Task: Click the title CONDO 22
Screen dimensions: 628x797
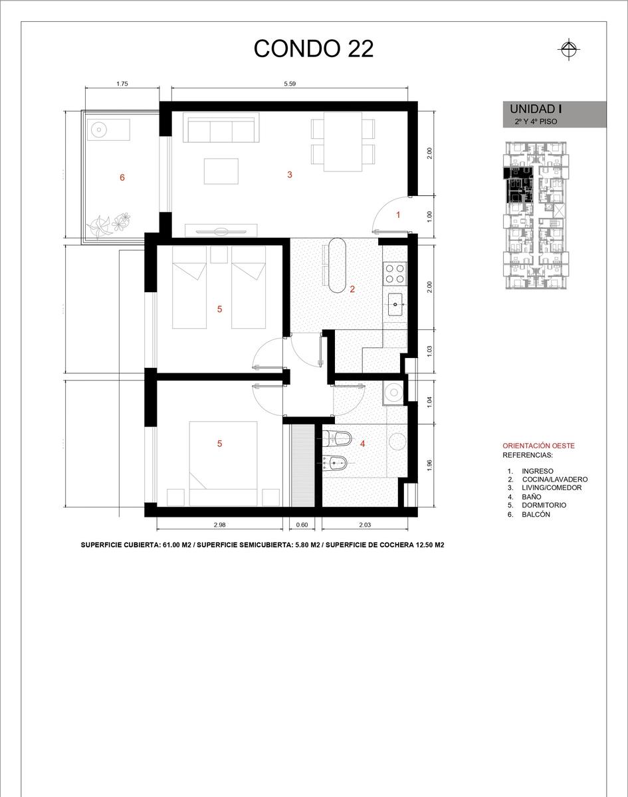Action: [313, 48]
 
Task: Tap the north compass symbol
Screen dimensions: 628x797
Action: [569, 49]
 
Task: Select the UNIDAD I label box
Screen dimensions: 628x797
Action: [555, 114]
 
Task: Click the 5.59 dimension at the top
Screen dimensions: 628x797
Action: [290, 84]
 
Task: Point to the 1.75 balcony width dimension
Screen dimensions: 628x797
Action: [122, 84]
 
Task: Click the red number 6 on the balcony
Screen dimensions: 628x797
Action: [122, 178]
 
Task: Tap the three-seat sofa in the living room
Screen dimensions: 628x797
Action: [221, 128]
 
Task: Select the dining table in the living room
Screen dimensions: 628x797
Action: [343, 142]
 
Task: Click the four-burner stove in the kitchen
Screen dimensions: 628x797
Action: [395, 274]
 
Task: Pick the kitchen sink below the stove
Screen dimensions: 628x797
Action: [395, 304]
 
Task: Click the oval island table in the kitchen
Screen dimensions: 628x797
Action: [337, 266]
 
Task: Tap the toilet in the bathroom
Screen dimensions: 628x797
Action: [337, 439]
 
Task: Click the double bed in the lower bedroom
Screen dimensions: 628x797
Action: [223, 464]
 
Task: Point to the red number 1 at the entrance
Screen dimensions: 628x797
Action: [398, 215]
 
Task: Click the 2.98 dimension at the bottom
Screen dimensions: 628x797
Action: [219, 525]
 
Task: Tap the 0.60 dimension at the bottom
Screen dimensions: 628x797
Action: [302, 525]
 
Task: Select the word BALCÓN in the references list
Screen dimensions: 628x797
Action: [536, 514]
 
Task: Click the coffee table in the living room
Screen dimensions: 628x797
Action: [221, 171]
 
